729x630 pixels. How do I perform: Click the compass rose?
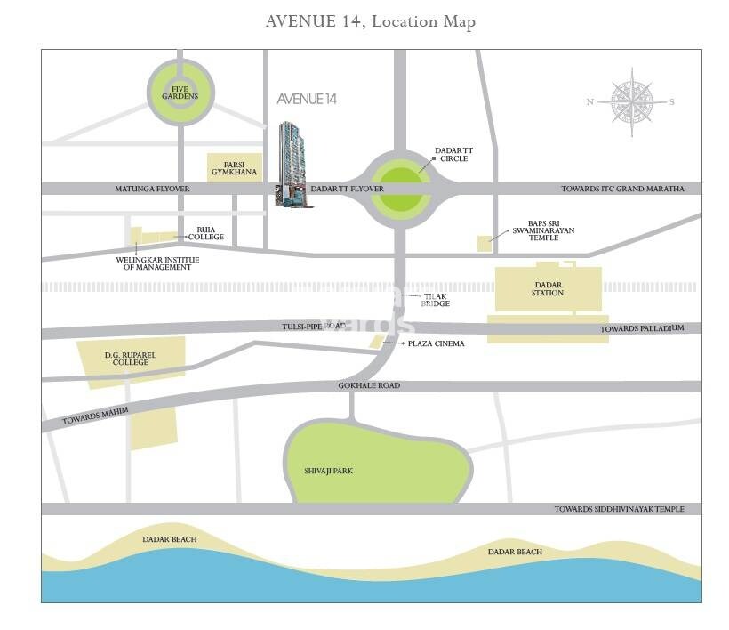pos(631,101)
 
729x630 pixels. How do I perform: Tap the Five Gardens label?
pos(180,92)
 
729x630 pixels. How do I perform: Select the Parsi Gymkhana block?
pos(235,168)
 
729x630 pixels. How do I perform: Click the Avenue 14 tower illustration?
pos(293,164)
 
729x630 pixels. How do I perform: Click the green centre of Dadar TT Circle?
pos(399,189)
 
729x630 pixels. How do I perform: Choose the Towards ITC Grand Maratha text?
pos(622,189)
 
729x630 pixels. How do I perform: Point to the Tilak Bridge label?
pos(437,300)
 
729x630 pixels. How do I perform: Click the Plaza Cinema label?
pos(436,343)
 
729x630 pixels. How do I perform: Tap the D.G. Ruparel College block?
pos(131,360)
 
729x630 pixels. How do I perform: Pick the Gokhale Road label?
pos(369,386)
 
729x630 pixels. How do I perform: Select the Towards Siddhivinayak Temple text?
pos(619,509)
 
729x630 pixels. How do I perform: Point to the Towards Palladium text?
pos(642,328)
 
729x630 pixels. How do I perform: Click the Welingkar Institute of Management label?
pos(158,262)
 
